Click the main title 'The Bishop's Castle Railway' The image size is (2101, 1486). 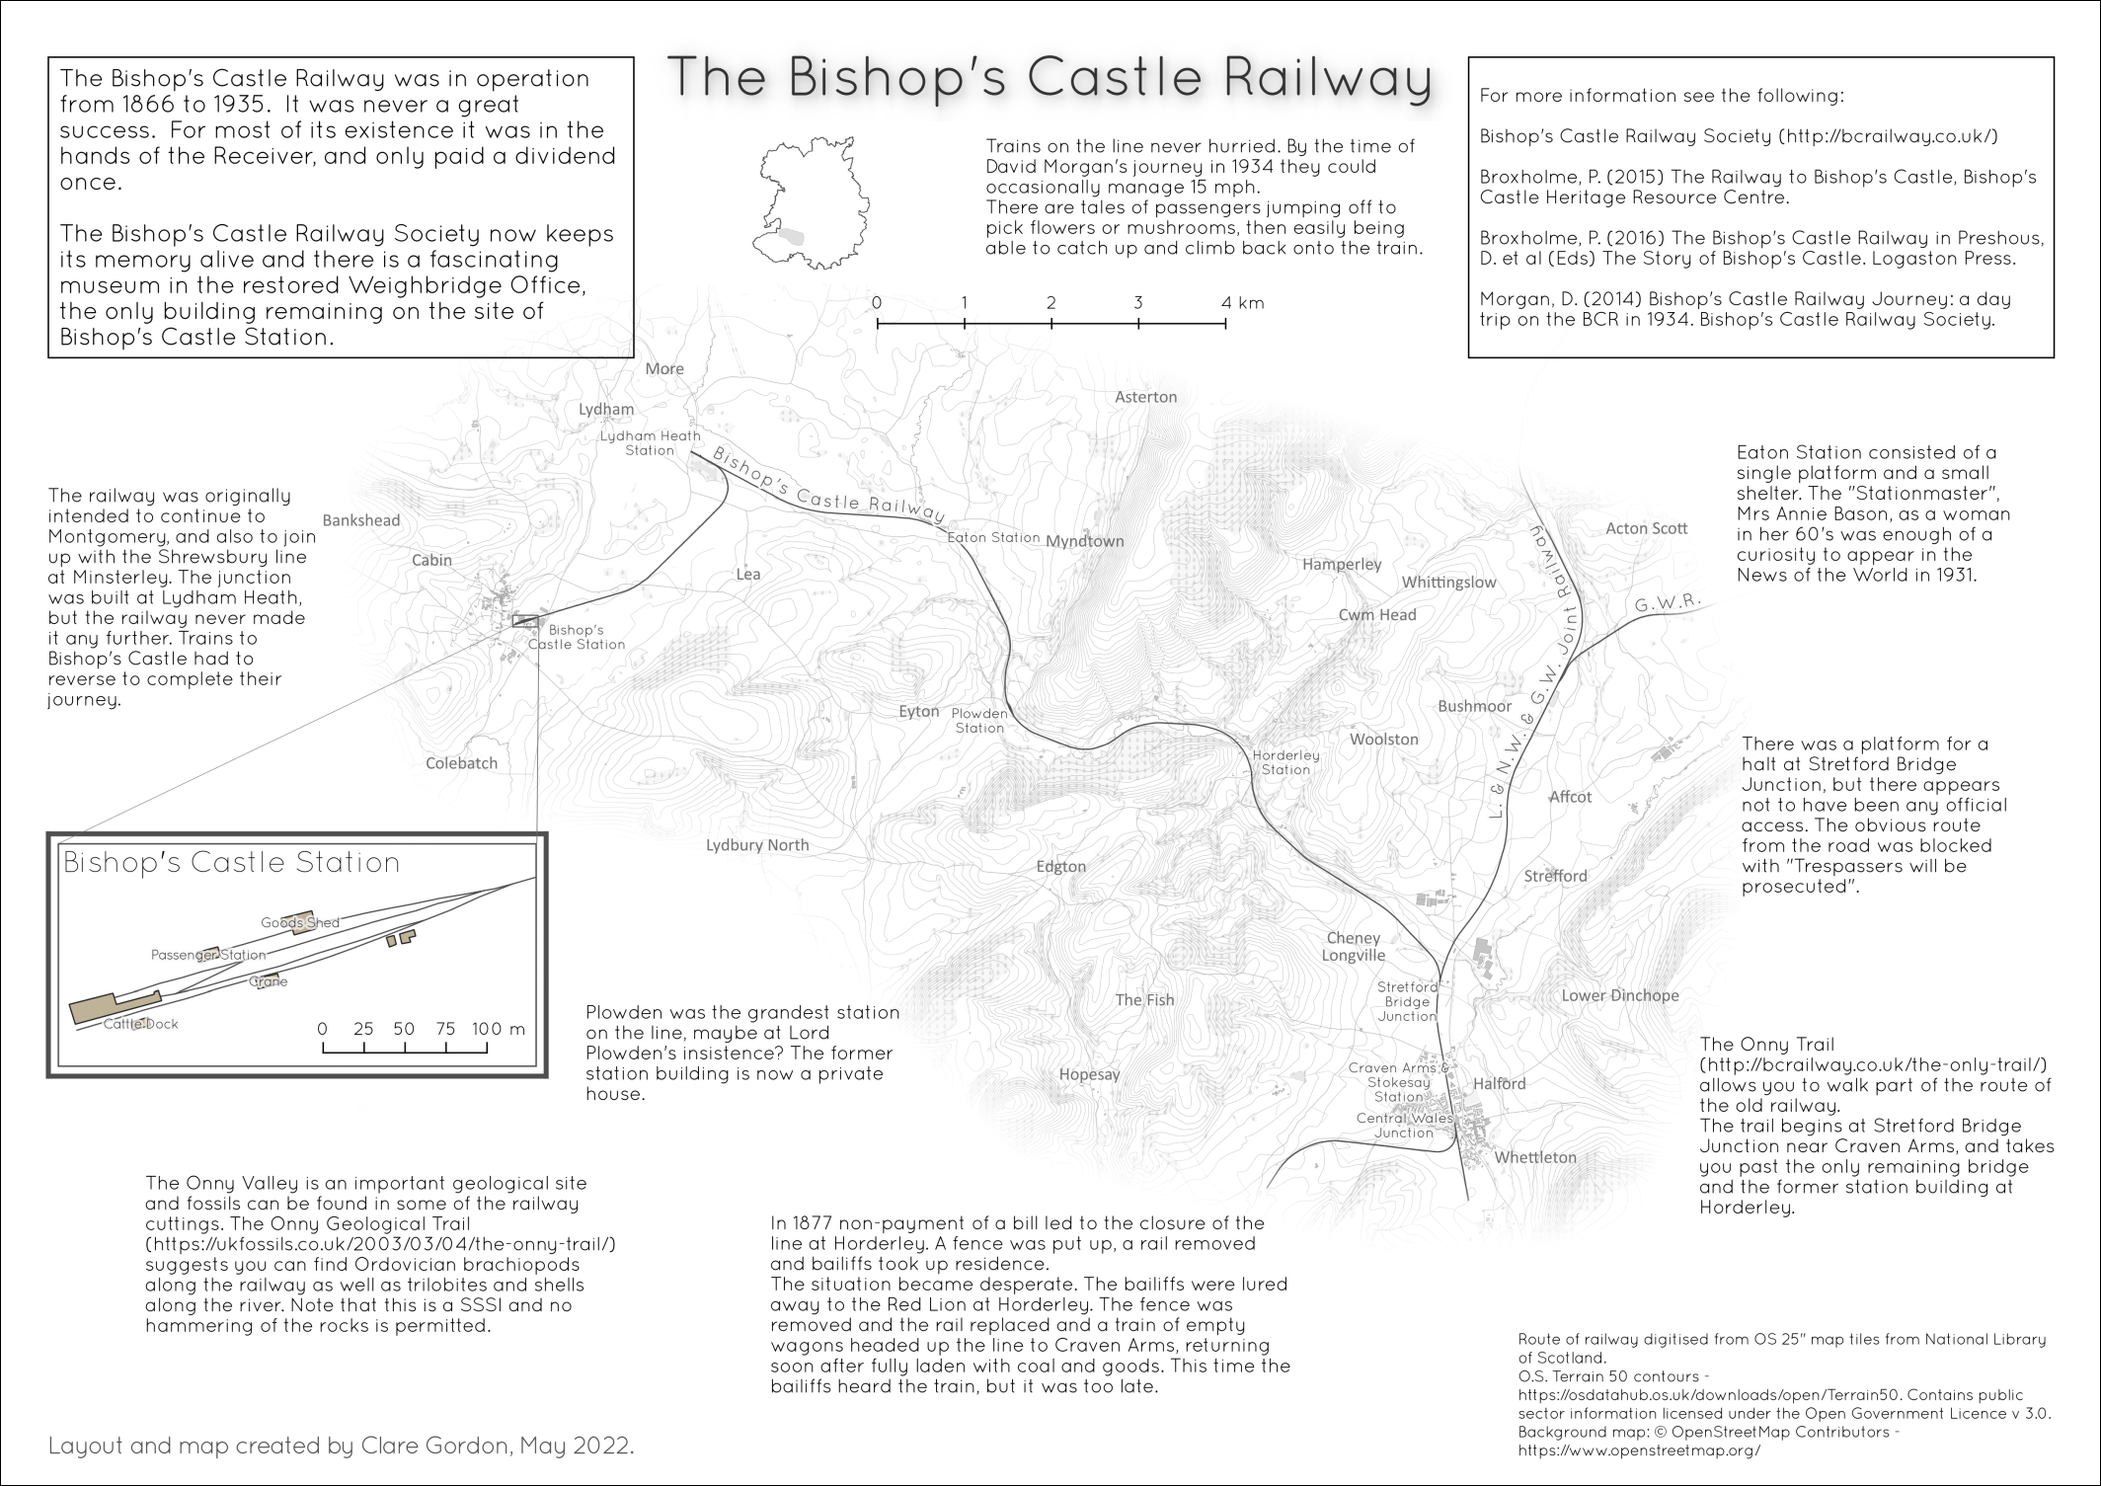[x=1049, y=78]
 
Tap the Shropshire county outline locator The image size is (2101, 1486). [x=808, y=204]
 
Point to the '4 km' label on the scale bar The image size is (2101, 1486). [x=1242, y=303]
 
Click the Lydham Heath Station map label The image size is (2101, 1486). [x=651, y=442]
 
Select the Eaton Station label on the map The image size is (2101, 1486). [x=992, y=538]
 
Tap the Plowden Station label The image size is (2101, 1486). [x=979, y=721]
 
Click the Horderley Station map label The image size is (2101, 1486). [x=1285, y=762]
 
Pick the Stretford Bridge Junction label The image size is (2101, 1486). [x=1408, y=1001]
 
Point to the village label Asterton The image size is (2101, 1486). [x=1145, y=397]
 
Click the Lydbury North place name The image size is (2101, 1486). [x=757, y=845]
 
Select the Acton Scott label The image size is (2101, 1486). [x=1647, y=528]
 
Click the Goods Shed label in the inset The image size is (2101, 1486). [x=300, y=923]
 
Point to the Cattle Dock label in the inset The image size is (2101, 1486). [x=141, y=1024]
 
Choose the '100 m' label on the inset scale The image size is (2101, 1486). [x=498, y=1029]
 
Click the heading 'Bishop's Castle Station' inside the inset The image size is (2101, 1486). [x=231, y=863]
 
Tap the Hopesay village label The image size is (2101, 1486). [x=1089, y=1074]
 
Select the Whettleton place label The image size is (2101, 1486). [x=1535, y=1157]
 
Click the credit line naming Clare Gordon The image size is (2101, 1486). [x=341, y=1447]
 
